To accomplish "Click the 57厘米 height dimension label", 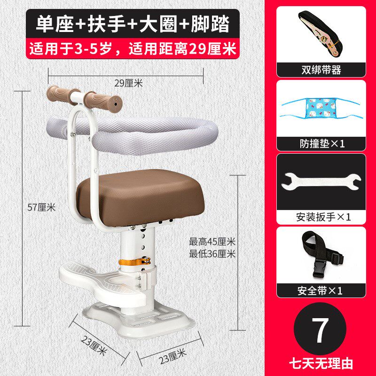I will (x=42, y=206).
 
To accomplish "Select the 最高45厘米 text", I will (x=211, y=243).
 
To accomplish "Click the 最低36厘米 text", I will (x=211, y=254).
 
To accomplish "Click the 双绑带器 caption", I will (x=321, y=70).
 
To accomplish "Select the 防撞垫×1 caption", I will (x=321, y=143).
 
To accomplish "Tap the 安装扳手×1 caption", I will (x=321, y=217).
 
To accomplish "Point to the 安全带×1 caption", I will (x=321, y=290).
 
